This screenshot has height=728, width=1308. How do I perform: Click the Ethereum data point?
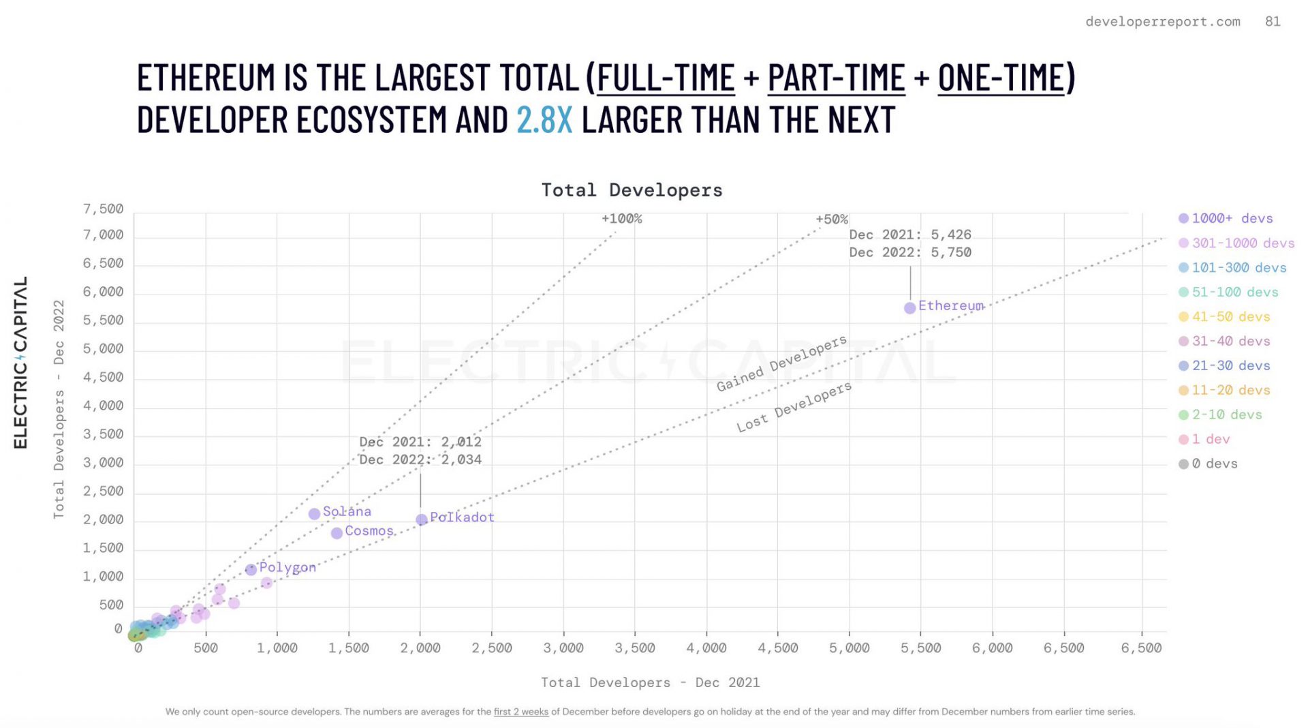tap(909, 308)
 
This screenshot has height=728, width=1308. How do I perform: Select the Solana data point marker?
tap(314, 514)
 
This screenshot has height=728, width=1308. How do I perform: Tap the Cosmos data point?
tap(337, 533)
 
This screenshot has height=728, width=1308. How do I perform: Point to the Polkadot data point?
tap(422, 519)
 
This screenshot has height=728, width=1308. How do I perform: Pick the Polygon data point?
tap(251, 569)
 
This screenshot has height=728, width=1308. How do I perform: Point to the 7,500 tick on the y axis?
tap(104, 209)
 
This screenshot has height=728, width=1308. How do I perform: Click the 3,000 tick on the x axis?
tap(563, 648)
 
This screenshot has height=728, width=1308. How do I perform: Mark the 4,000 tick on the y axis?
tap(104, 406)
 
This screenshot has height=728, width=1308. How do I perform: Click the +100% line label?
tap(621, 219)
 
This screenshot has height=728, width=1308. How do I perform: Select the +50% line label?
tap(832, 219)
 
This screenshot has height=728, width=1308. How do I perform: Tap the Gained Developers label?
tap(781, 363)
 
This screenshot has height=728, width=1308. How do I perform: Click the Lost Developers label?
tap(794, 407)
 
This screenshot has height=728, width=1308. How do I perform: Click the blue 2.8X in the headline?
tap(544, 120)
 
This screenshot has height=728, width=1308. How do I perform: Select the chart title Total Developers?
tap(632, 190)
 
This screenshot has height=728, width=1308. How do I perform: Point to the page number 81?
tap(1273, 21)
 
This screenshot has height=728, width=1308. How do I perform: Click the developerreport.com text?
tap(1163, 21)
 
